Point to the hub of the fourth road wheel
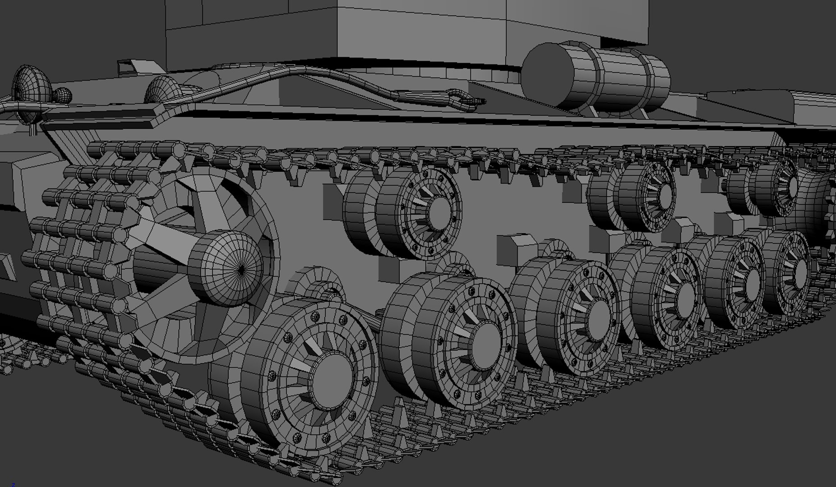(x=684, y=297)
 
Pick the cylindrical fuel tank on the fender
(x=600, y=77)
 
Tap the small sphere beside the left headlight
(x=62, y=96)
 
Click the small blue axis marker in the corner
(x=13, y=484)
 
